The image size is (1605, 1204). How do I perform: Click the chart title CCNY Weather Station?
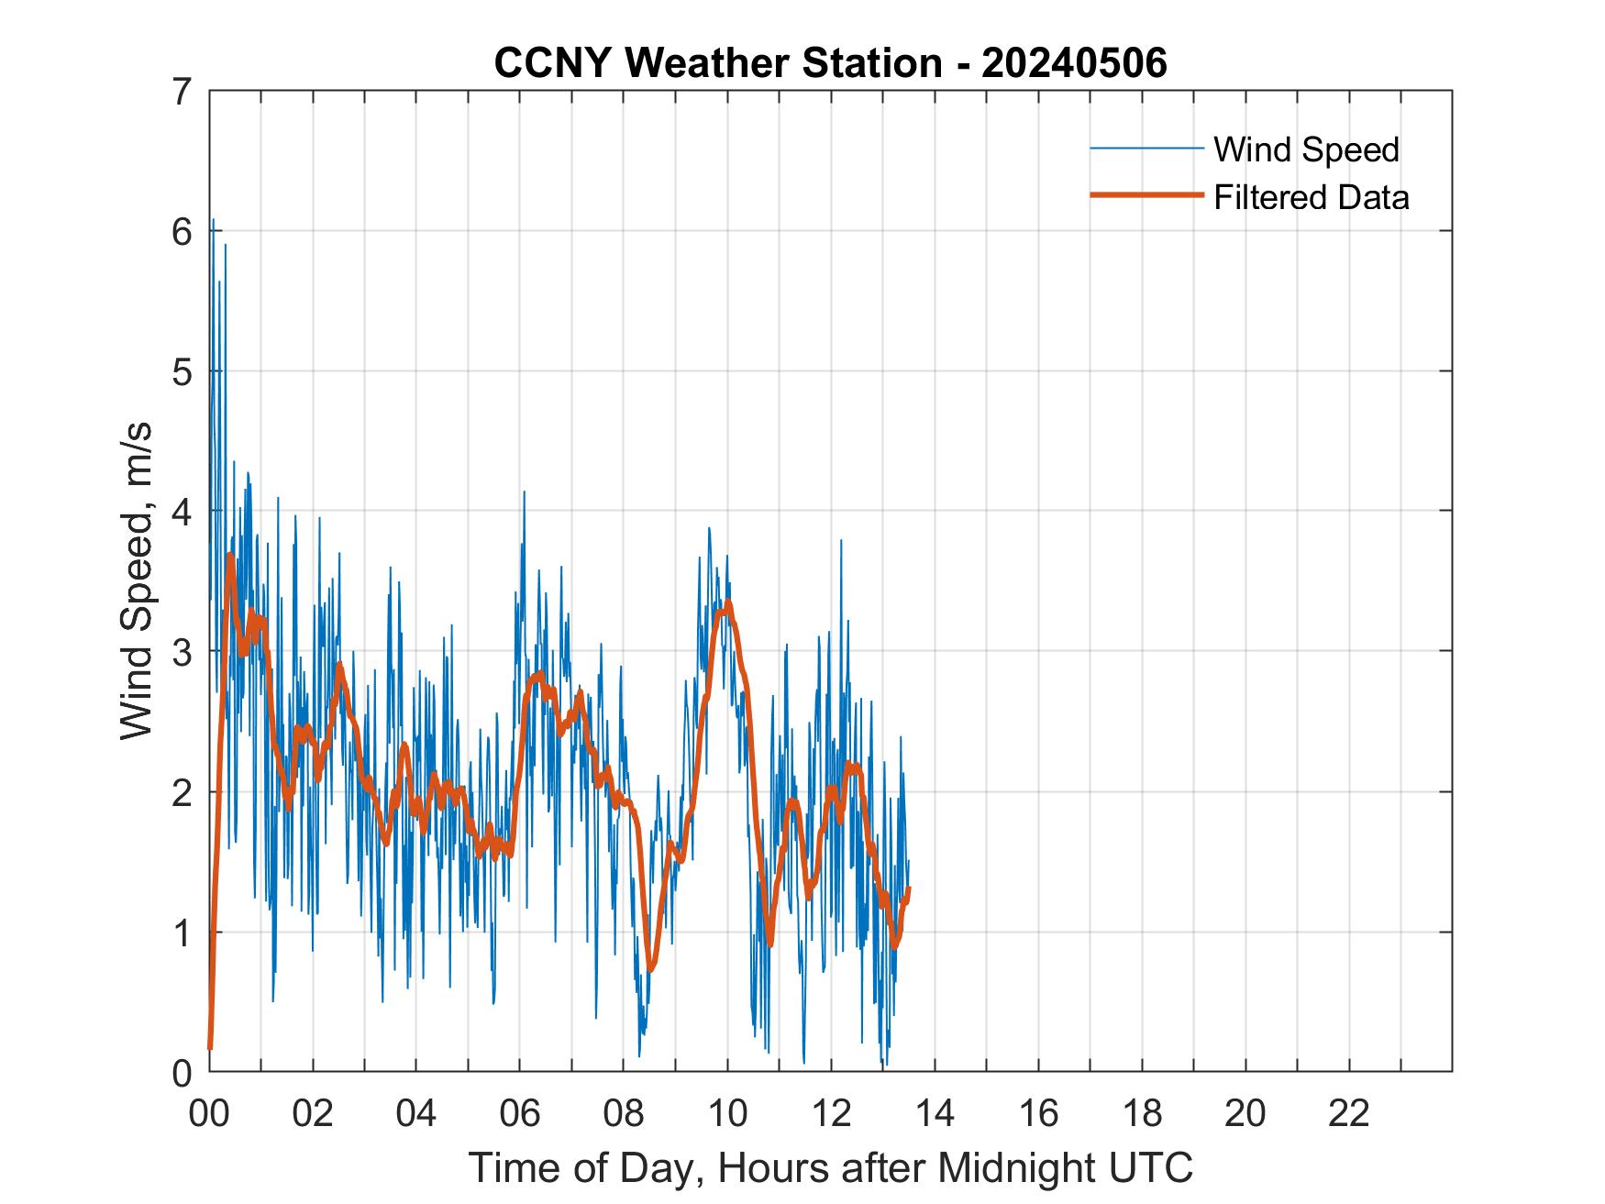pos(830,62)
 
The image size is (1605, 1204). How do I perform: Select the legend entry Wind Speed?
pos(1306,149)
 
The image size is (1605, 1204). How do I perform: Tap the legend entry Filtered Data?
pos(1311,197)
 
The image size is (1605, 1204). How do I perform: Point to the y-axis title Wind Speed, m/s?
pos(136,581)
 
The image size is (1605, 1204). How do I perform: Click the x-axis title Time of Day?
pos(830,1167)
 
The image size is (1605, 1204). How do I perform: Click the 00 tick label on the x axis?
pos(209,1113)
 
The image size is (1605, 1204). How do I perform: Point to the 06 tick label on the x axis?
pos(520,1113)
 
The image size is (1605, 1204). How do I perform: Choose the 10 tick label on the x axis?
pos(727,1113)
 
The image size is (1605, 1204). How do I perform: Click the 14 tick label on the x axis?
pos(935,1113)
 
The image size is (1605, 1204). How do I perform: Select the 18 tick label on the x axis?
pos(1142,1113)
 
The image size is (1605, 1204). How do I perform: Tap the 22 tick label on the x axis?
pos(1349,1113)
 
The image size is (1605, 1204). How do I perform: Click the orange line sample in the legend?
pos(1146,194)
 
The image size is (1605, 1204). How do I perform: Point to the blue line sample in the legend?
pos(1146,148)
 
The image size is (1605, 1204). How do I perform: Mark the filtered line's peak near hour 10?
pos(728,602)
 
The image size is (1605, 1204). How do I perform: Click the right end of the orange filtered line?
pos(908,888)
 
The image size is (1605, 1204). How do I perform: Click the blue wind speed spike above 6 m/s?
pos(213,220)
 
